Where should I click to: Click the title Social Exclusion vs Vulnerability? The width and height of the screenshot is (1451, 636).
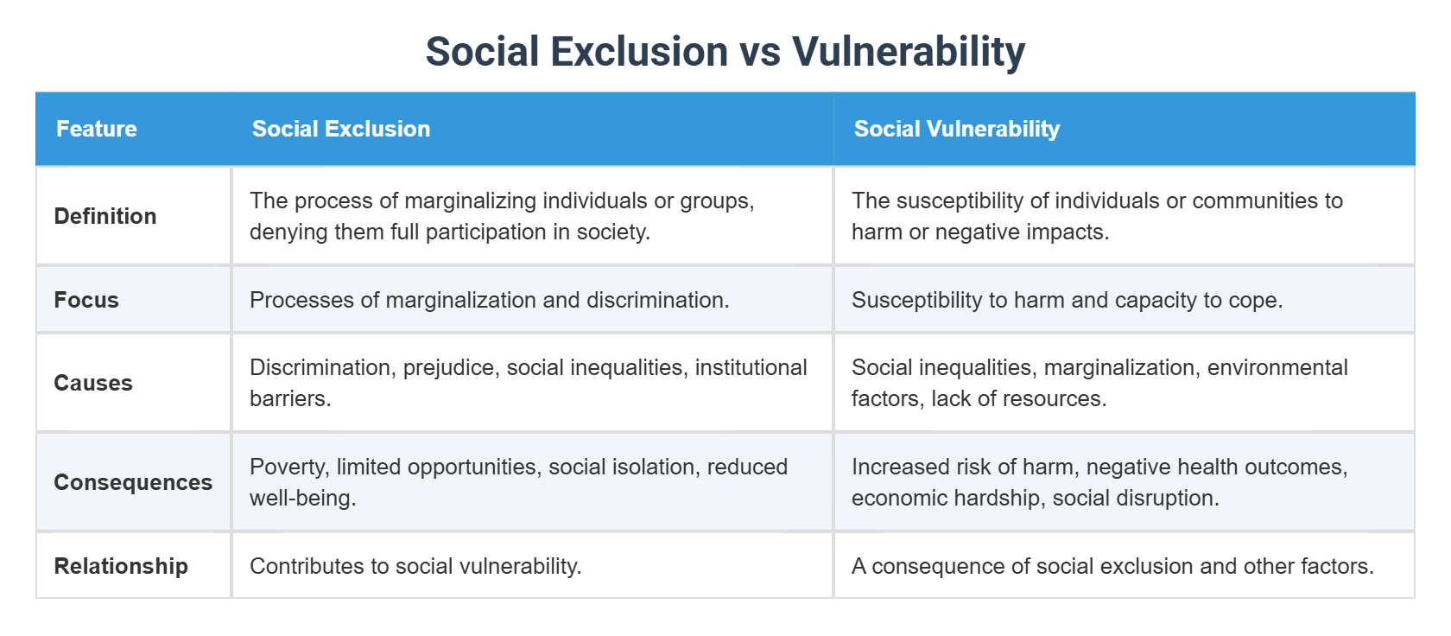pyautogui.click(x=725, y=52)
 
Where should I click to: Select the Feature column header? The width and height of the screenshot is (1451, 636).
pyautogui.click(x=97, y=129)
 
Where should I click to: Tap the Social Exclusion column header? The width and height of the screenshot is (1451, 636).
pyautogui.click(x=341, y=129)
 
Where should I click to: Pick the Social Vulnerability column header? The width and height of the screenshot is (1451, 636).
pyautogui.click(x=956, y=129)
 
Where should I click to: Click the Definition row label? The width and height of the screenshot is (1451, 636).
pyautogui.click(x=105, y=216)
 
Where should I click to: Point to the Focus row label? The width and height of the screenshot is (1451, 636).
pyautogui.click(x=86, y=300)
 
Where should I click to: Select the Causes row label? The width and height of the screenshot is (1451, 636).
pyautogui.click(x=93, y=383)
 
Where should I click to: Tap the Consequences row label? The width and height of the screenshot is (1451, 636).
pyautogui.click(x=133, y=482)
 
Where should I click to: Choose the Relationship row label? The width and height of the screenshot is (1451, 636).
pyautogui.click(x=121, y=566)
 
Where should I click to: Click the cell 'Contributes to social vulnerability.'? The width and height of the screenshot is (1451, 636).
pyautogui.click(x=415, y=566)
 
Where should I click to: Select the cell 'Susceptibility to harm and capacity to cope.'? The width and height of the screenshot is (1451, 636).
pyautogui.click(x=1067, y=300)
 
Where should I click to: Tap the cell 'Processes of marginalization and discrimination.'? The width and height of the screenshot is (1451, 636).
pyautogui.click(x=489, y=300)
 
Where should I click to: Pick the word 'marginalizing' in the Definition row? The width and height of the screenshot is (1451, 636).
pyautogui.click(x=464, y=200)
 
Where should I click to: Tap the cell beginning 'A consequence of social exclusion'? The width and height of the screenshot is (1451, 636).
pyautogui.click(x=1112, y=566)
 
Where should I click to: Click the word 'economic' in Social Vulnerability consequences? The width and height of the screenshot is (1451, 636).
pyautogui.click(x=891, y=498)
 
